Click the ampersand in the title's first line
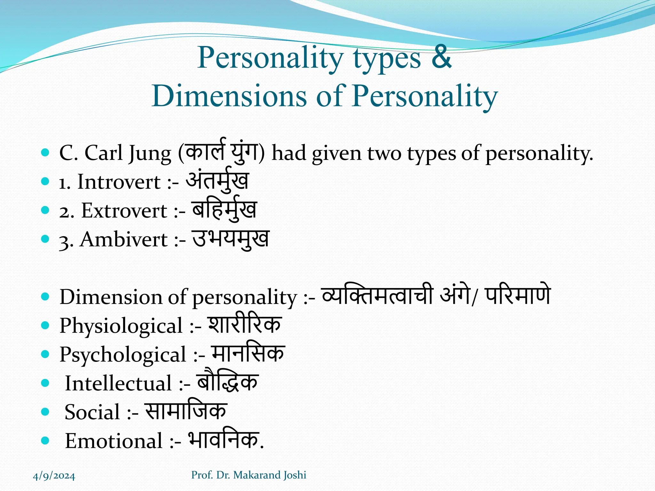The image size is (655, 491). pyautogui.click(x=441, y=58)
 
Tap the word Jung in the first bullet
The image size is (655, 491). pyautogui.click(x=150, y=153)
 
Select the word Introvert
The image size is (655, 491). pyautogui.click(x=119, y=182)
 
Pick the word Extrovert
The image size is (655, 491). pyautogui.click(x=124, y=211)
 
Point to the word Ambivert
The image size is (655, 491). pyautogui.click(x=124, y=239)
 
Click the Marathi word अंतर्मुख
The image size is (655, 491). pyautogui.click(x=217, y=181)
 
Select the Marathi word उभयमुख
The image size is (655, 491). pyautogui.click(x=231, y=239)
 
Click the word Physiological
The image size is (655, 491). pyautogui.click(x=121, y=326)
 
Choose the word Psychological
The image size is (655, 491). pyautogui.click(x=123, y=355)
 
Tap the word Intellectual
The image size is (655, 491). pyautogui.click(x=118, y=383)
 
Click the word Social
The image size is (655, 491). pyautogui.click(x=92, y=412)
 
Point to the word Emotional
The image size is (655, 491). pyautogui.click(x=114, y=441)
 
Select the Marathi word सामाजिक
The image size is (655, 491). pyautogui.click(x=186, y=411)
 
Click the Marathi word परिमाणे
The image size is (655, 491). pyautogui.click(x=518, y=296)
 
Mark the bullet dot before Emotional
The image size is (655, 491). pyautogui.click(x=45, y=441)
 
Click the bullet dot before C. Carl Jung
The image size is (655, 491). pyautogui.click(x=45, y=152)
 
